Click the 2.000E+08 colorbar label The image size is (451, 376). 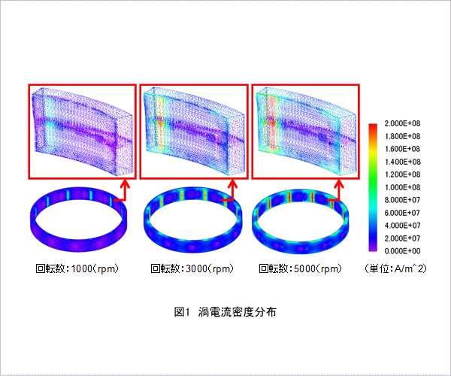click(402, 123)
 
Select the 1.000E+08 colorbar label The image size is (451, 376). click(402, 187)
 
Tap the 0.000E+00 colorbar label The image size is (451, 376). click(402, 251)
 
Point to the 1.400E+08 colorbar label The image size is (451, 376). click(402, 162)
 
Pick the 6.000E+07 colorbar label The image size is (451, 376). click(402, 213)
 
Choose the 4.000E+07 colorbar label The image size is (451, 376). click(402, 226)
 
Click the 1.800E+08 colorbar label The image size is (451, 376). click(402, 136)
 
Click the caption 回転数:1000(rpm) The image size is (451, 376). click(77, 268)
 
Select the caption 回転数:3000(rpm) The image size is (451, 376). click(192, 268)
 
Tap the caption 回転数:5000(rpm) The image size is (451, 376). click(300, 268)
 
